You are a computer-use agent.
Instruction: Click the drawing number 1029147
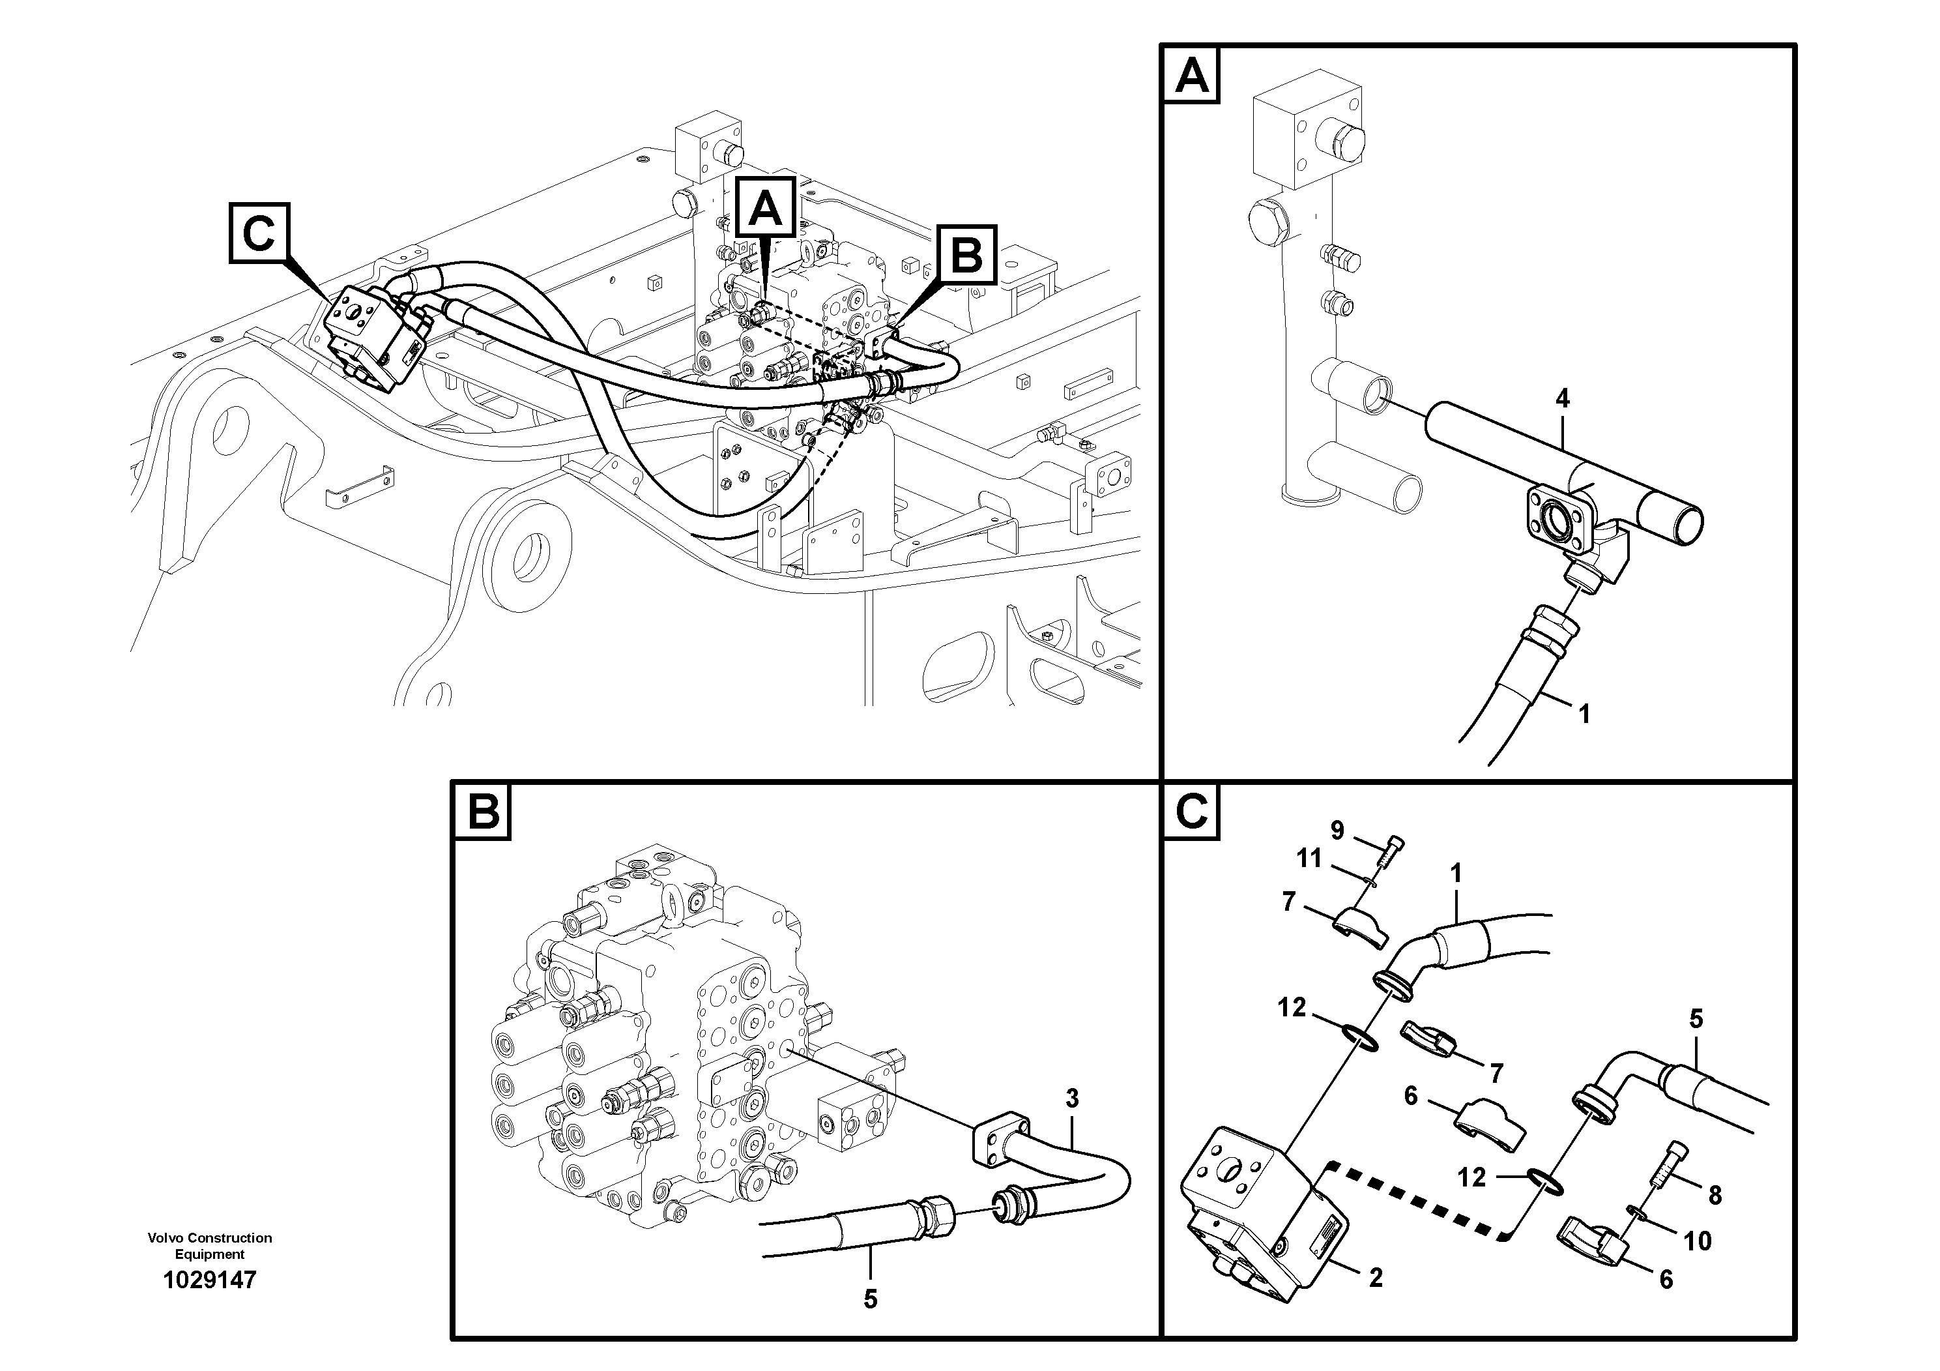[x=210, y=1280]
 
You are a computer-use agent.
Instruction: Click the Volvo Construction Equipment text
[x=210, y=1245]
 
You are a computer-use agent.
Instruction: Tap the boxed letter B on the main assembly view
[x=966, y=254]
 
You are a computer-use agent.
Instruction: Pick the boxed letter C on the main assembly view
[x=259, y=233]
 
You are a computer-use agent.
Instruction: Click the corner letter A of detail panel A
[x=1191, y=74]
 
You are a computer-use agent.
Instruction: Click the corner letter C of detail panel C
[x=1191, y=812]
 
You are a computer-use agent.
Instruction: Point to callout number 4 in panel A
[x=1562, y=399]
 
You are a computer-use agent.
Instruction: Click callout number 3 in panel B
[x=1071, y=1099]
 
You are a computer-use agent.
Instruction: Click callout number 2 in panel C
[x=1376, y=1278]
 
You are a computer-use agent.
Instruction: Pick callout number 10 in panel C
[x=1697, y=1241]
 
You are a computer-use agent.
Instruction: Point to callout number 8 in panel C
[x=1715, y=1194]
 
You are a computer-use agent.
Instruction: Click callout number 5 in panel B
[x=871, y=1299]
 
